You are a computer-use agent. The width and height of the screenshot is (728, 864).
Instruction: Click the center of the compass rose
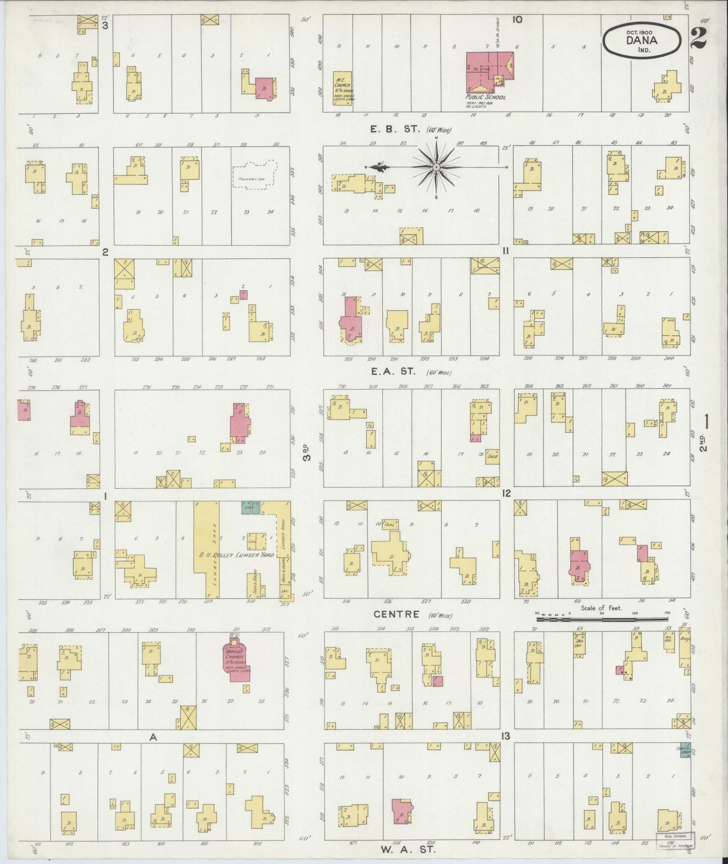436,166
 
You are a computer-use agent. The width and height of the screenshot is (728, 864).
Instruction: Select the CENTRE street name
396,614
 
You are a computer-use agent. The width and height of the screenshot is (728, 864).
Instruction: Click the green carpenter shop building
684,750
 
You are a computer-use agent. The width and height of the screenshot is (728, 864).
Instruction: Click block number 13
505,736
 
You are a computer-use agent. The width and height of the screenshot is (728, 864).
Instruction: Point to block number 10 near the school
517,20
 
